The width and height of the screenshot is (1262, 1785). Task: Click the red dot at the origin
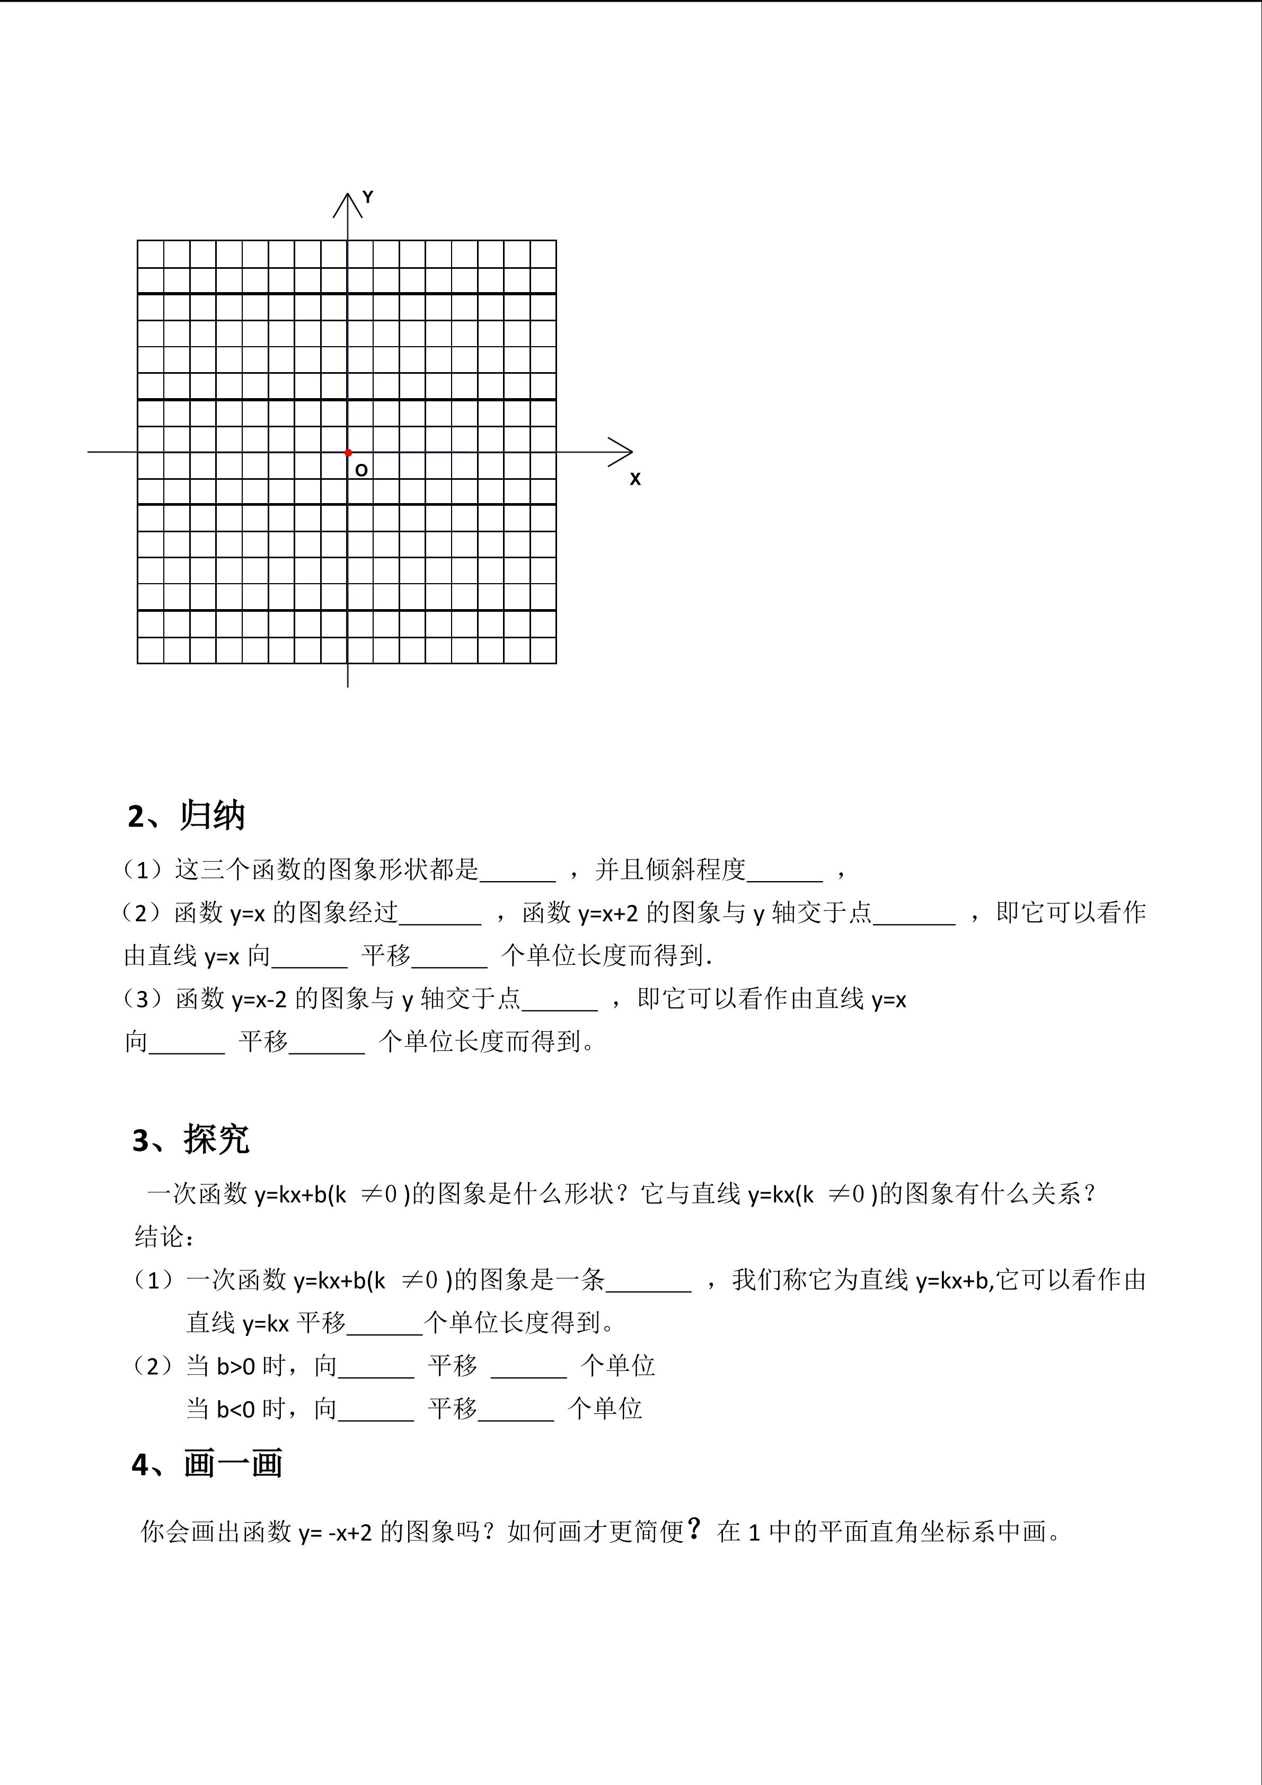[x=348, y=452]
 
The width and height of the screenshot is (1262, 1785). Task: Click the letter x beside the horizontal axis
[x=635, y=479]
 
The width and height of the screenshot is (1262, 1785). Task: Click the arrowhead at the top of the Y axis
[x=347, y=204]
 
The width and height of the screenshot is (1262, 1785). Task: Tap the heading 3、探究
[x=190, y=1140]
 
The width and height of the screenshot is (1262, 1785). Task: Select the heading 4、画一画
[x=207, y=1464]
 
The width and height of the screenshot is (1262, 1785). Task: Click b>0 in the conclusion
[x=235, y=1366]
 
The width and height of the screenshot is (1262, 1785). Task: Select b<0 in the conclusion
[x=235, y=1409]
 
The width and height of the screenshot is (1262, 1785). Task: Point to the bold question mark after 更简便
[x=694, y=1529]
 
